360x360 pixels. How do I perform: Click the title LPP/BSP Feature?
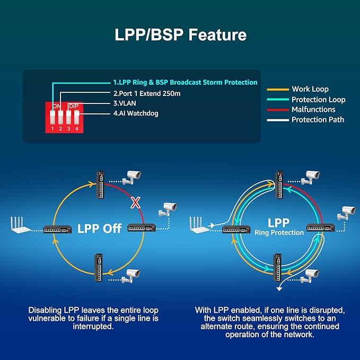click(180, 35)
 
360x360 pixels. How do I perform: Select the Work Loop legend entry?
click(310, 89)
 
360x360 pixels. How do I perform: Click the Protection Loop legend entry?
click(318, 99)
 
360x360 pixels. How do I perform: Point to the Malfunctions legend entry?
click(313, 109)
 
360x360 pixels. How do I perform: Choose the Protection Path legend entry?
click(318, 119)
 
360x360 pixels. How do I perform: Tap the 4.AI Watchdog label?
click(136, 113)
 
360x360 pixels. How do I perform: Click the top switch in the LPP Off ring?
click(100, 185)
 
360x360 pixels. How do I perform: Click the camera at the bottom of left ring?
click(130, 275)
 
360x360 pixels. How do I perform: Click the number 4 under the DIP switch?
click(76, 128)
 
